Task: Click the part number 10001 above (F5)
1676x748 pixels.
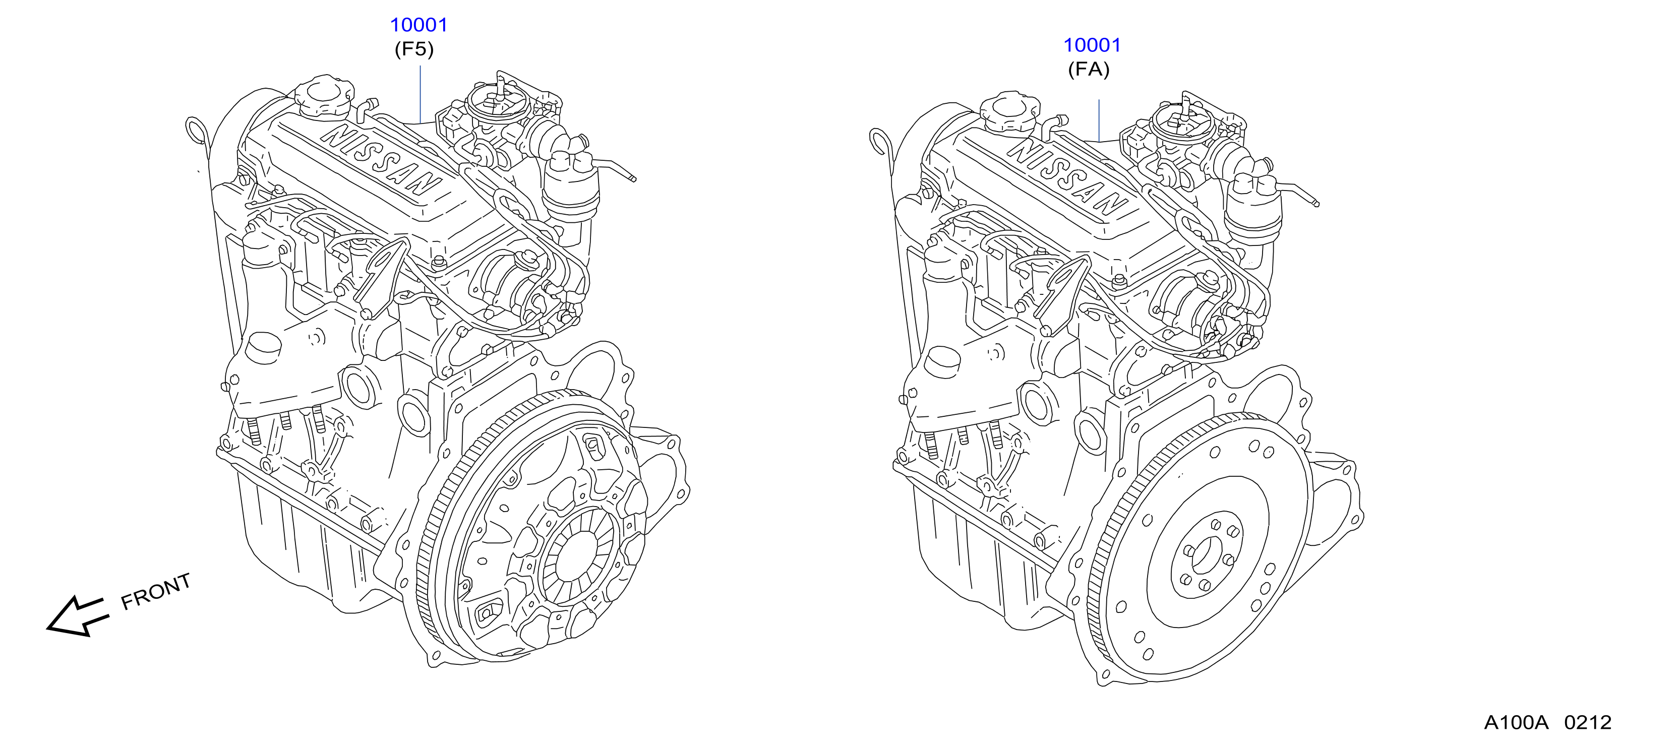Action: point(418,25)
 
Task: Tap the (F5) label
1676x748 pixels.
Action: point(414,49)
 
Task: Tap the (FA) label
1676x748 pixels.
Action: point(1089,70)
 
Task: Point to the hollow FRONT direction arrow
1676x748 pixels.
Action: point(76,615)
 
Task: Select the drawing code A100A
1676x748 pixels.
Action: point(1516,723)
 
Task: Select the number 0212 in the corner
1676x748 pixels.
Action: point(1588,723)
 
